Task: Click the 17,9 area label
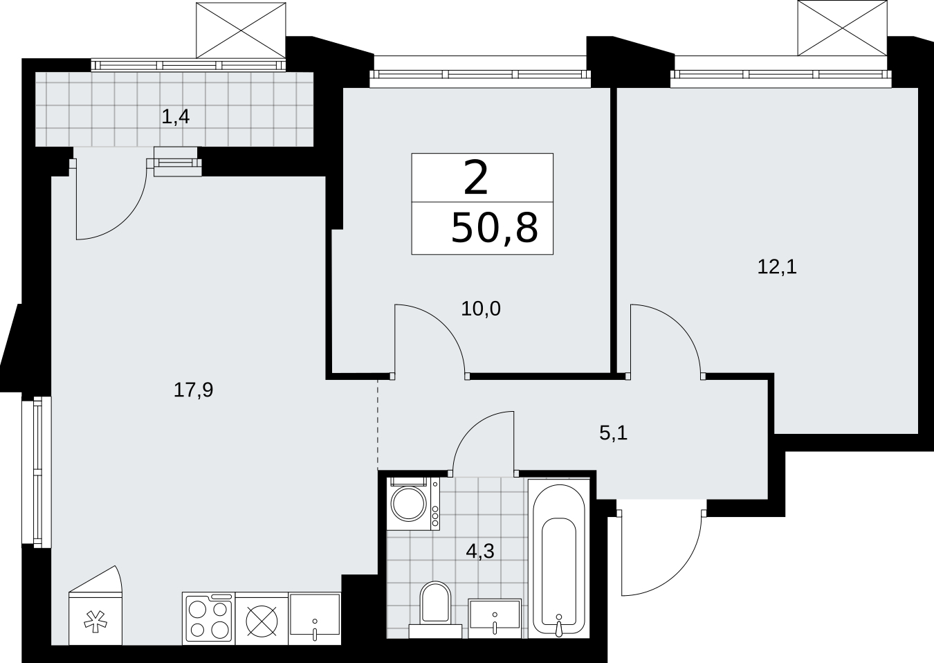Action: click(x=193, y=390)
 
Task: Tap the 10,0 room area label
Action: click(x=481, y=309)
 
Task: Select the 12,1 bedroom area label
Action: click(x=777, y=267)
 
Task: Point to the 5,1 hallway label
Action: click(x=614, y=434)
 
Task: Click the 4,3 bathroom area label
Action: click(x=480, y=552)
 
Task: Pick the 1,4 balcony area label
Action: click(x=175, y=117)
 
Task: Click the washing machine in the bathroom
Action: click(x=413, y=504)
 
